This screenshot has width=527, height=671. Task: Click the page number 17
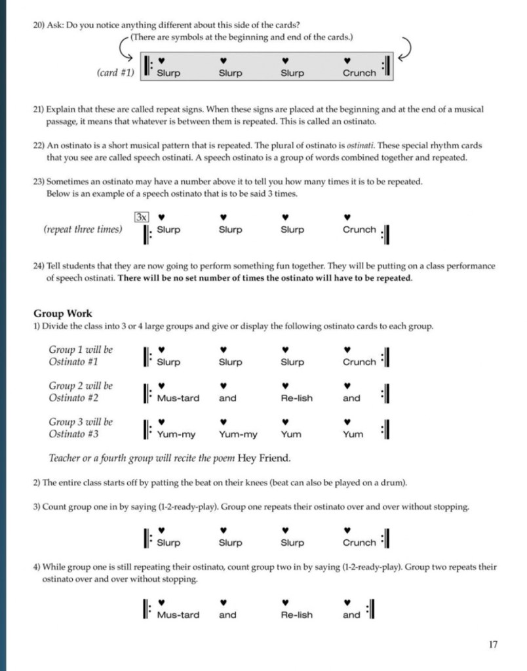pos(492,644)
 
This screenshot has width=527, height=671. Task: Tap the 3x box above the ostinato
pos(140,216)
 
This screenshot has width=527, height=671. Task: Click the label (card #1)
pos(115,73)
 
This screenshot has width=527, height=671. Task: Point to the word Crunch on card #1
pos(359,73)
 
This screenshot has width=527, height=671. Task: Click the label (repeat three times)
pos(83,230)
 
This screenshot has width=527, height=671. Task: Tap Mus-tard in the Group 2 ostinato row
pos(178,398)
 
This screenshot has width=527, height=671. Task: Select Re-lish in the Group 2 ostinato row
pos(296,398)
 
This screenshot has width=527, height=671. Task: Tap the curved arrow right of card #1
pos(403,48)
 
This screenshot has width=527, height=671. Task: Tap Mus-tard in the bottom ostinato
pos(178,615)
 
